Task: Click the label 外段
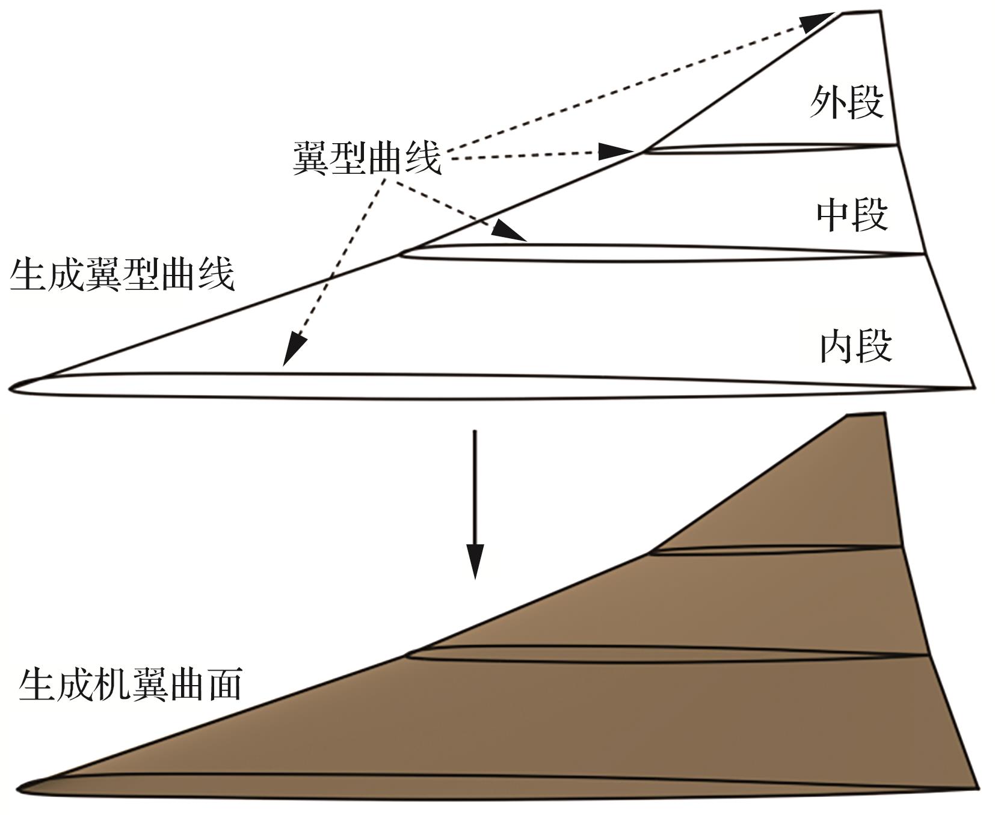tap(846, 102)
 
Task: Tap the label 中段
tap(852, 215)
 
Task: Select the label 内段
tap(855, 346)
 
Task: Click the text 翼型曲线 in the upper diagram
tap(367, 158)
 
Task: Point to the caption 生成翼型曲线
tap(122, 274)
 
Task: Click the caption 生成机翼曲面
tap(131, 684)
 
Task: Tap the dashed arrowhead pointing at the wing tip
tap(818, 22)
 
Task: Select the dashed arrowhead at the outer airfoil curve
tap(617, 151)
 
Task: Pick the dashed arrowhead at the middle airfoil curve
tap(509, 232)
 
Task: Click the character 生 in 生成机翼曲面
tap(37, 684)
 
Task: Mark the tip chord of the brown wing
tap(865, 414)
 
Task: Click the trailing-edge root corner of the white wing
tap(973, 387)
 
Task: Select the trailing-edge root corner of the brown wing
tap(977, 788)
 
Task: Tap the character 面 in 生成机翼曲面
tap(223, 684)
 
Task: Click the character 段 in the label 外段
tap(866, 102)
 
